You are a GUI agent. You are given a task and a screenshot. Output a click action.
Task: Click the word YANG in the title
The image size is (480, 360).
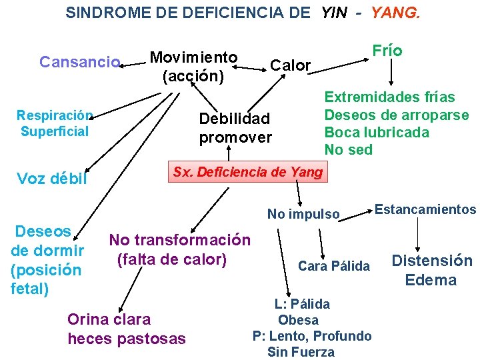pyautogui.click(x=395, y=13)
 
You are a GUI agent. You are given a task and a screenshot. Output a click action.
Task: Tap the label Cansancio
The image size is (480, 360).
pyautogui.click(x=79, y=62)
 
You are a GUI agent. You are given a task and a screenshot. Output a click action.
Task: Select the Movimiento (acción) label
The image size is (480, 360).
pyautogui.click(x=193, y=66)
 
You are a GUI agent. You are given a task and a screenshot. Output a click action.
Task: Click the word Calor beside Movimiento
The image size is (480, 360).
pyautogui.click(x=291, y=65)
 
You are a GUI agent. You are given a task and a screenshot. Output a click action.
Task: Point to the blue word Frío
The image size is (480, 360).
pyautogui.click(x=387, y=51)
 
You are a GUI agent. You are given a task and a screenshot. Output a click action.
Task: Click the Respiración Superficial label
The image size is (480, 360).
pyautogui.click(x=55, y=123)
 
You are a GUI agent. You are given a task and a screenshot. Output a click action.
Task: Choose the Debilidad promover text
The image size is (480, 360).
pyautogui.click(x=235, y=128)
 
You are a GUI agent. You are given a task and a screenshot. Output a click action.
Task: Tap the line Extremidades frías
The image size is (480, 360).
pyautogui.click(x=389, y=97)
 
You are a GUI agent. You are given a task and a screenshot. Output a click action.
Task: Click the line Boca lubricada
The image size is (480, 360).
pyautogui.click(x=377, y=132)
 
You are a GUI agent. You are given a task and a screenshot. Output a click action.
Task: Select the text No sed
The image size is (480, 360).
pyautogui.click(x=348, y=149)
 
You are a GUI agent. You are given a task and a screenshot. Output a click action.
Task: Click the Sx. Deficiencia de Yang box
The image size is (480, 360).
pyautogui.click(x=247, y=173)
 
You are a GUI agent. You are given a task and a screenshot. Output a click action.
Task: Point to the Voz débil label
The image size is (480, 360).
pyautogui.click(x=52, y=179)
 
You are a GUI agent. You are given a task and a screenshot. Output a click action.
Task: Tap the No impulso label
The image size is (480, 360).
pyautogui.click(x=303, y=214)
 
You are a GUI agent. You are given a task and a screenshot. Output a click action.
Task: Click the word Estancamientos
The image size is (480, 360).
pyautogui.click(x=425, y=209)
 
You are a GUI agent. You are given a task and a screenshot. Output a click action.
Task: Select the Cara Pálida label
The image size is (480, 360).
pyautogui.click(x=333, y=266)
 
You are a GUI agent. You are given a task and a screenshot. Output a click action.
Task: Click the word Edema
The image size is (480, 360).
pyautogui.click(x=431, y=280)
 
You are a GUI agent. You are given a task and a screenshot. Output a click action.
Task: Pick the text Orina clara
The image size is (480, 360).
pyautogui.click(x=109, y=319)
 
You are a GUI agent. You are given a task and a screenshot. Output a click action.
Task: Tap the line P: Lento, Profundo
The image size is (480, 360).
pyautogui.click(x=312, y=335)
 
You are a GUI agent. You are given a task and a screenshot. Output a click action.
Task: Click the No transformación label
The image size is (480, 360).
pyautogui.click(x=180, y=240)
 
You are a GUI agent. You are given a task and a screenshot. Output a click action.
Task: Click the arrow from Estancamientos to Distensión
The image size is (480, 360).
pyautogui.click(x=418, y=233)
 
